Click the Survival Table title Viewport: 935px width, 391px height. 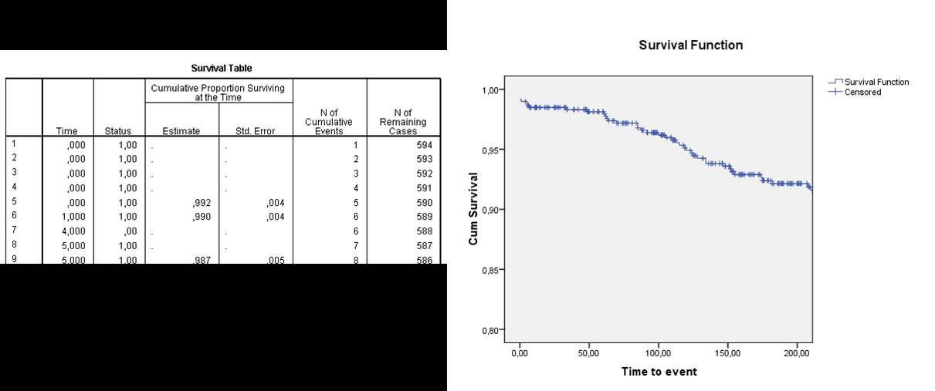tap(222, 69)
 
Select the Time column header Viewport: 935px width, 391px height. tap(66, 131)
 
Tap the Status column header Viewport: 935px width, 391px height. tap(117, 131)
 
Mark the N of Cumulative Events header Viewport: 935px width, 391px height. tap(328, 122)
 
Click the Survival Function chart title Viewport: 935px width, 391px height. tap(690, 46)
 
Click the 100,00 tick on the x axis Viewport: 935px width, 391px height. tap(658, 354)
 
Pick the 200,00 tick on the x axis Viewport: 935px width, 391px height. tap(796, 354)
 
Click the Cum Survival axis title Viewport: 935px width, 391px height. tap(473, 208)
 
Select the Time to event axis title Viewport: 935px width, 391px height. tap(659, 372)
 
